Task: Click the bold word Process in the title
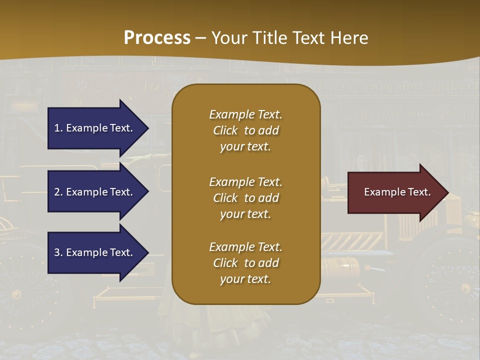[157, 38]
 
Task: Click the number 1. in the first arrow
[58, 128]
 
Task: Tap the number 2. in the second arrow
[58, 192]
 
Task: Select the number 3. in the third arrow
[58, 252]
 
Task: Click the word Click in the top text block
[225, 130]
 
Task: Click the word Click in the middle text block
[225, 198]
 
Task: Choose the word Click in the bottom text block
[225, 263]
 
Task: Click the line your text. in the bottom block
[245, 279]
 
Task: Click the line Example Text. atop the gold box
[245, 114]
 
